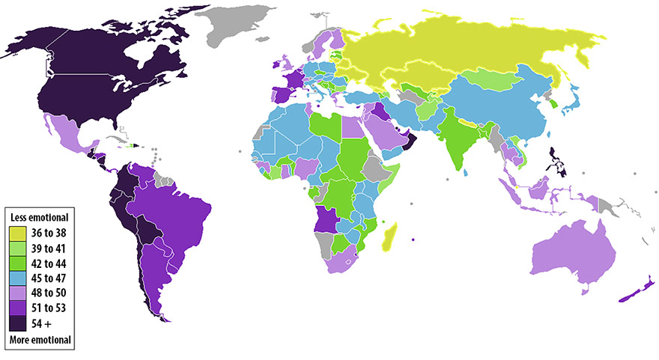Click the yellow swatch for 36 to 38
coord(17,233)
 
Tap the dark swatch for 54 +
coord(17,323)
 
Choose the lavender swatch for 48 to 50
coord(17,293)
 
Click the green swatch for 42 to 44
coord(17,263)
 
